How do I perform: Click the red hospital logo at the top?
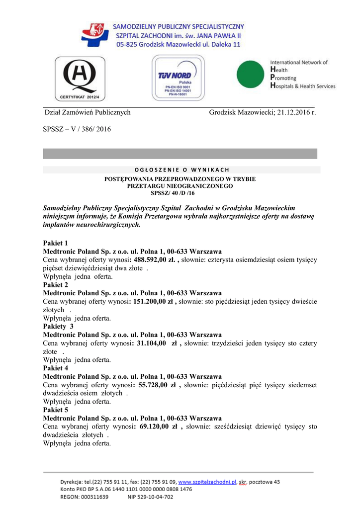point(95,35)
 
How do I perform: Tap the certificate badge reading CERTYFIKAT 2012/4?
point(80,79)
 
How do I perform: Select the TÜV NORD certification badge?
point(178,78)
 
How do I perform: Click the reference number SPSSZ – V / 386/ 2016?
point(77,129)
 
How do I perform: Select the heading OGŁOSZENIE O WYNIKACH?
point(181,170)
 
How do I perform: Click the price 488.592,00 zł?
point(156,259)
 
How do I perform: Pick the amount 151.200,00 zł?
point(155,301)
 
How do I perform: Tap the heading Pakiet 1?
point(56,243)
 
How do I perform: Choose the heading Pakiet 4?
point(56,368)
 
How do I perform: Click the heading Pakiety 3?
point(58,327)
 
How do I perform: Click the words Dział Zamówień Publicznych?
point(88,112)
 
